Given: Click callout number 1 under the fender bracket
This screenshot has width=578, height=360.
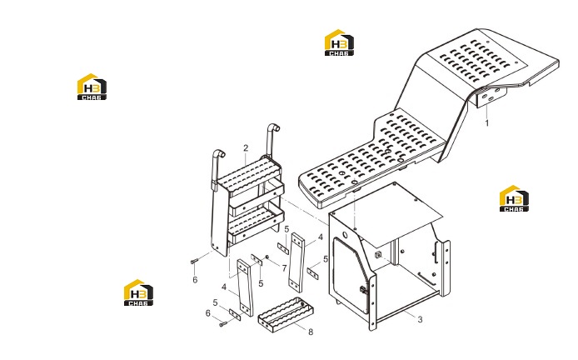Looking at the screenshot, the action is coord(487,122).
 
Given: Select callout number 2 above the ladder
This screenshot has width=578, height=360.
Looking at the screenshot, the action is coord(246,148).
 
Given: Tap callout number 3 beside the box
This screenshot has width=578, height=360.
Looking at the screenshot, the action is coord(420,319).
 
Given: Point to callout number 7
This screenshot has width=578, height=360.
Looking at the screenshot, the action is coord(284,268).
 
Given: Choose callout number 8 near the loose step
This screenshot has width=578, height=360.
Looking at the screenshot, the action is coord(311,332).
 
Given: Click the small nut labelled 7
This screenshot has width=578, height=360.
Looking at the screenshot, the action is coord(267,257).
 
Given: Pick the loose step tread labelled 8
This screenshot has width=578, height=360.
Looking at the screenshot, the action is coord(286,316).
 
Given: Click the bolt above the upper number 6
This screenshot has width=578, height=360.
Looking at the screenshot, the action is coord(195,261).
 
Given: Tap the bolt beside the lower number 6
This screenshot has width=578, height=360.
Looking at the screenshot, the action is coord(223,324).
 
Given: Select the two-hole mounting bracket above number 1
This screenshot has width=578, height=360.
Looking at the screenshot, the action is coord(491,97).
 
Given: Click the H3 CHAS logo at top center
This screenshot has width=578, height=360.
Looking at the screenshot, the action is coord(339,42).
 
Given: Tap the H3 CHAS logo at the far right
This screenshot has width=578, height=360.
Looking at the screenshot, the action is coord(514,198).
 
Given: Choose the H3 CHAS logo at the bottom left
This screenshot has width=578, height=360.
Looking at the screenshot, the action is coord(138,292).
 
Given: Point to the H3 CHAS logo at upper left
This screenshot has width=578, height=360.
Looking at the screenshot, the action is coord(92,87).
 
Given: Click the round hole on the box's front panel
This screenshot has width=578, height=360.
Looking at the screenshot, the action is coord(345,235).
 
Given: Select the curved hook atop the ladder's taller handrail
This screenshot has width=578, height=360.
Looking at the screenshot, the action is coord(274,127).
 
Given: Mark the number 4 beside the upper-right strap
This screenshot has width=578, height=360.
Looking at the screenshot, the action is coord(321,237).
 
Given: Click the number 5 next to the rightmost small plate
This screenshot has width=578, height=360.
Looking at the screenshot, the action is coord(326,259).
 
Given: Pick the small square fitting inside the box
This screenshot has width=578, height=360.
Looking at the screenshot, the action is coord(377,254).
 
